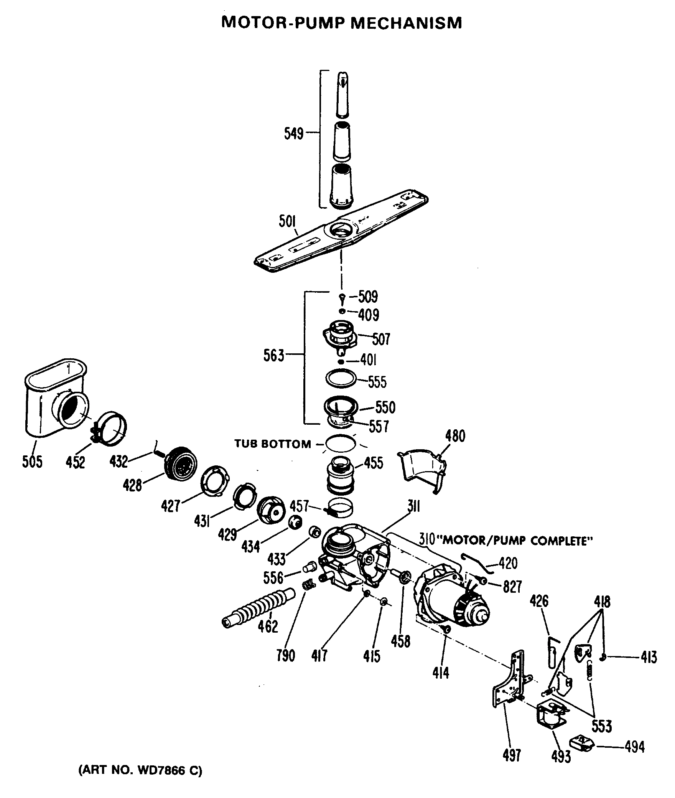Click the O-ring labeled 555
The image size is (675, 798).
[341, 379]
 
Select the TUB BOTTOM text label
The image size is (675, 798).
[273, 444]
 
